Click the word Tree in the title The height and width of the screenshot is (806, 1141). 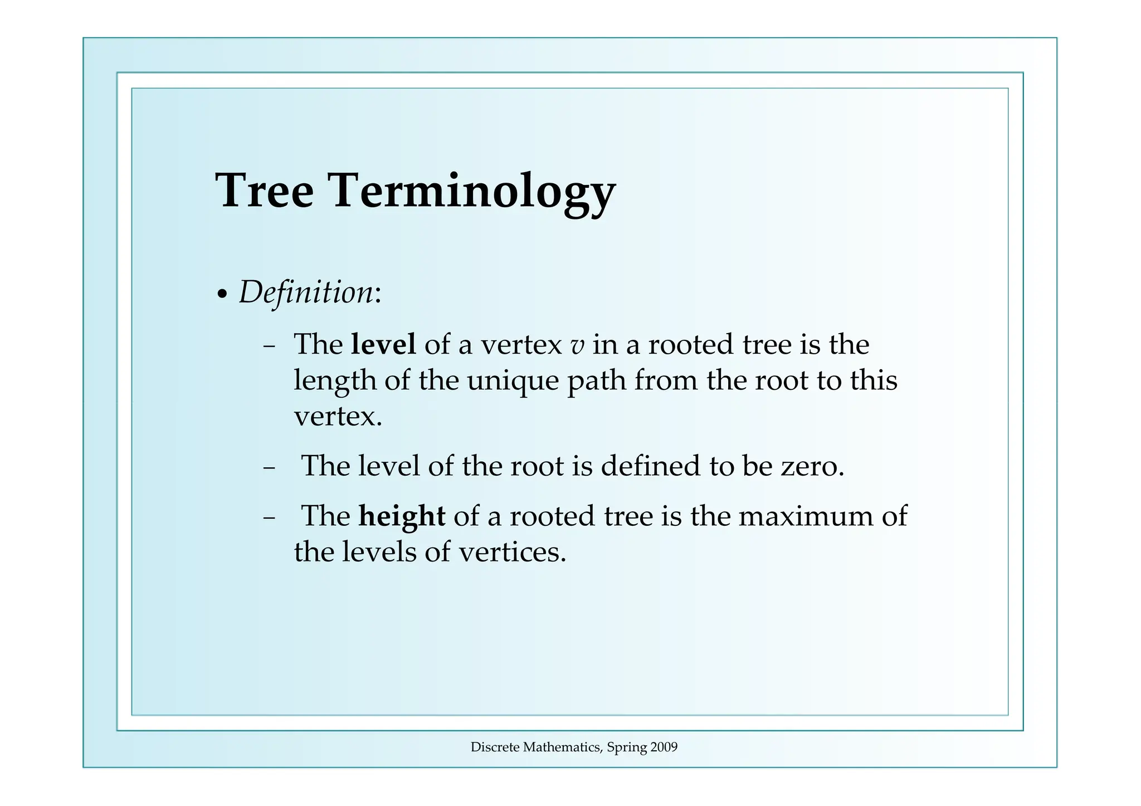pyautogui.click(x=264, y=190)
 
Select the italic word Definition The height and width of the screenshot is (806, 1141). pyautogui.click(x=306, y=292)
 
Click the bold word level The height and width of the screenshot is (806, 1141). pyautogui.click(x=383, y=344)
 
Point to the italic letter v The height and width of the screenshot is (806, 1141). pyautogui.click(x=577, y=346)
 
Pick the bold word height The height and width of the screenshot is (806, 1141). pyautogui.click(x=402, y=516)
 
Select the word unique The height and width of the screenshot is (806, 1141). pyautogui.click(x=513, y=382)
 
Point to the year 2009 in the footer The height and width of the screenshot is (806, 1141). pyautogui.click(x=664, y=748)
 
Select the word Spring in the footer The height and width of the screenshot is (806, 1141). pyautogui.click(x=626, y=748)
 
